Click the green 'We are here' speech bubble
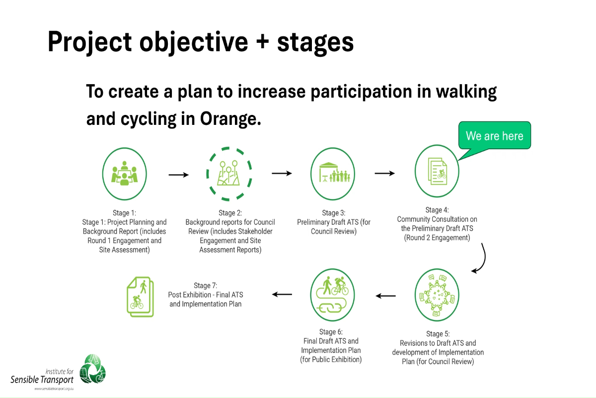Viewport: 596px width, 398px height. pyautogui.click(x=494, y=135)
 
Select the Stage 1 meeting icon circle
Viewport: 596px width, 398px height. pyautogui.click(x=124, y=172)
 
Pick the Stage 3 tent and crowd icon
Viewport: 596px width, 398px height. pyautogui.click(x=333, y=173)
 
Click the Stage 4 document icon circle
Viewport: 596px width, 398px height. pyautogui.click(x=437, y=172)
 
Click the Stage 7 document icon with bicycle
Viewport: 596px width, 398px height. pyautogui.click(x=140, y=297)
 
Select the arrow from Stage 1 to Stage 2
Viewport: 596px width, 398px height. pyautogui.click(x=179, y=175)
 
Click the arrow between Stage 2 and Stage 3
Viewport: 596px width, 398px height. pyautogui.click(x=281, y=173)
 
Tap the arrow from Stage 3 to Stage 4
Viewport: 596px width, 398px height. pyautogui.click(x=384, y=173)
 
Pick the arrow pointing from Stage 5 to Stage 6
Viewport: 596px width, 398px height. pyautogui.click(x=385, y=296)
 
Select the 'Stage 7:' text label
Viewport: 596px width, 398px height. pyautogui.click(x=206, y=286)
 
